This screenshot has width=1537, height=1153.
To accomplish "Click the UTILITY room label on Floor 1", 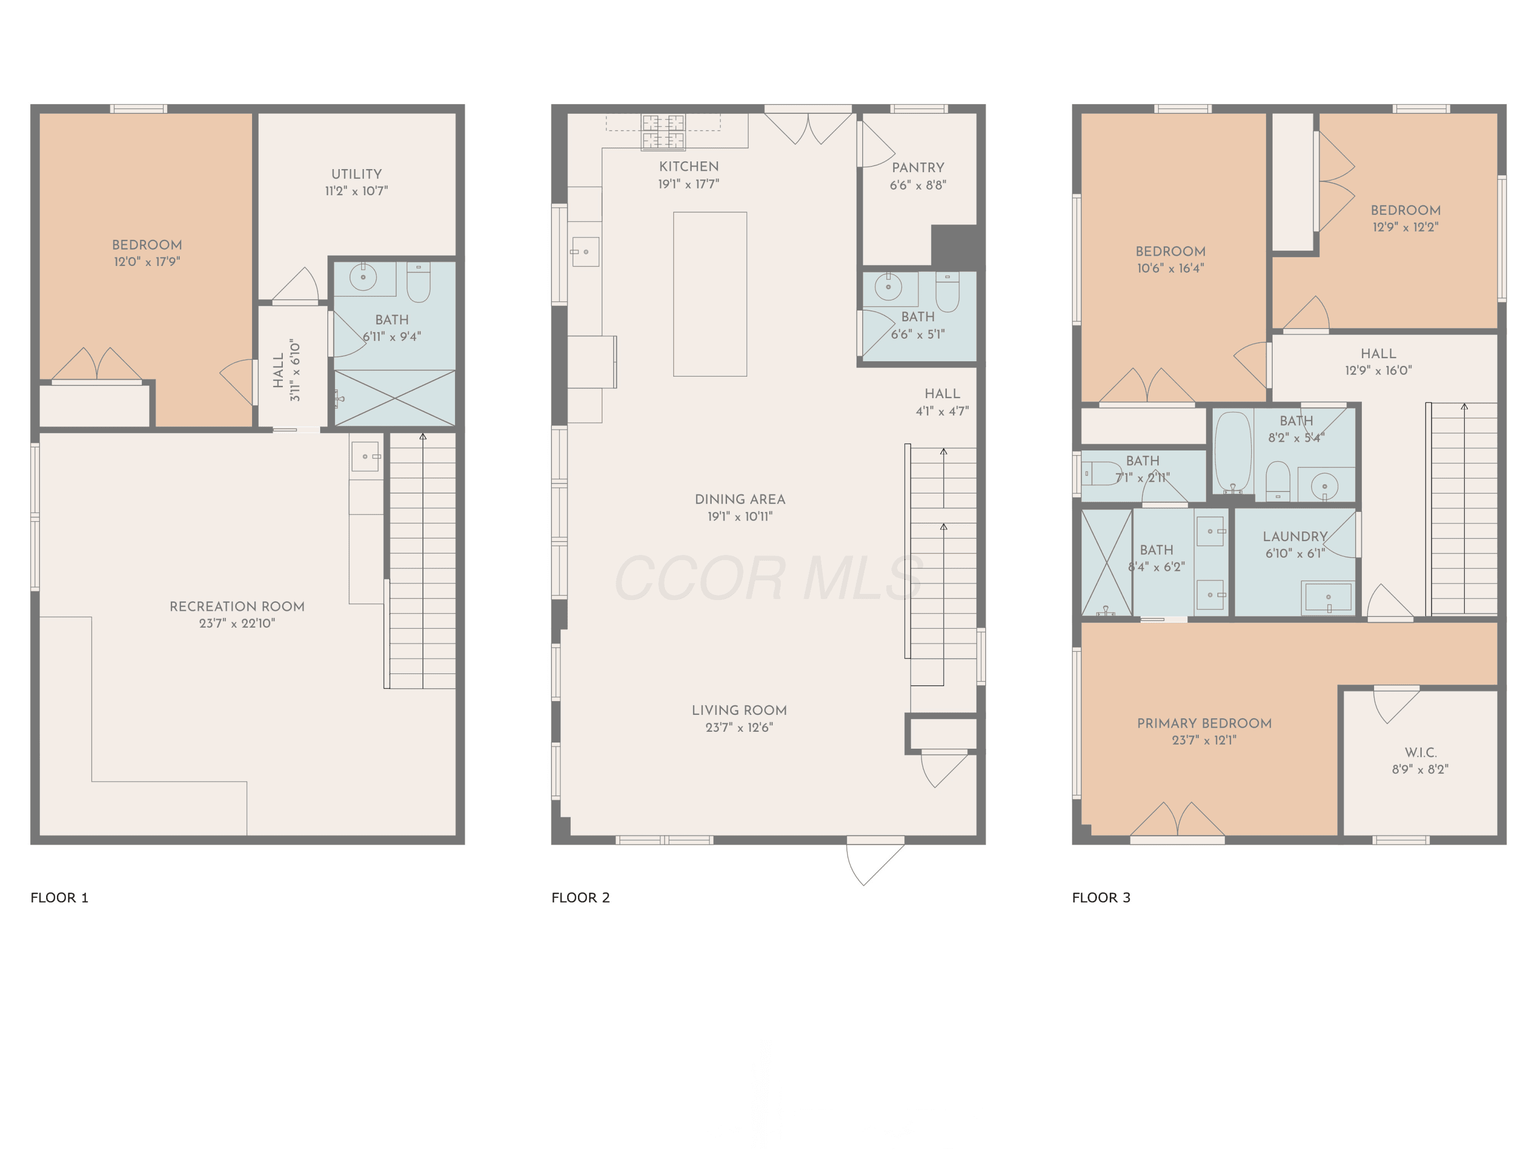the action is [x=357, y=174].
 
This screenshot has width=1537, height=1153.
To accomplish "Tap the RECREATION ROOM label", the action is [x=237, y=606].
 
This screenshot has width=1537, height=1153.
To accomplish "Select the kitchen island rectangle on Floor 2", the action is [x=710, y=294].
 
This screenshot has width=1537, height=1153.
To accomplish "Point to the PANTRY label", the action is [x=918, y=168].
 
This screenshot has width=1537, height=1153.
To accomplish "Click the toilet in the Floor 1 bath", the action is [x=418, y=281].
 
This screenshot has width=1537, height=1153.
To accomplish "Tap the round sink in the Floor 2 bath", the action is [x=888, y=285].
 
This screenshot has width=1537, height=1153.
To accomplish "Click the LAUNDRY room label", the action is [x=1295, y=537].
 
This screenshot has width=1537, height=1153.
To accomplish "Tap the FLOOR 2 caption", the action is [x=580, y=897].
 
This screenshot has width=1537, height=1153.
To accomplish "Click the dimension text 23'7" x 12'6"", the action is [x=739, y=728].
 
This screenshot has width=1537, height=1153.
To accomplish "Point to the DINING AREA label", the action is [x=740, y=499].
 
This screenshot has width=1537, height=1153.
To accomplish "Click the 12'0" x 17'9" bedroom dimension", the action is [x=148, y=262].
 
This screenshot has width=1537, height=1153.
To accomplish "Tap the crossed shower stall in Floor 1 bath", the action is [x=394, y=398].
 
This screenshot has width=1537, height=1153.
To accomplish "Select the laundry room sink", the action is [x=1328, y=597].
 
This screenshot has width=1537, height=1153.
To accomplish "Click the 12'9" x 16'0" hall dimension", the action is [x=1379, y=370].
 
